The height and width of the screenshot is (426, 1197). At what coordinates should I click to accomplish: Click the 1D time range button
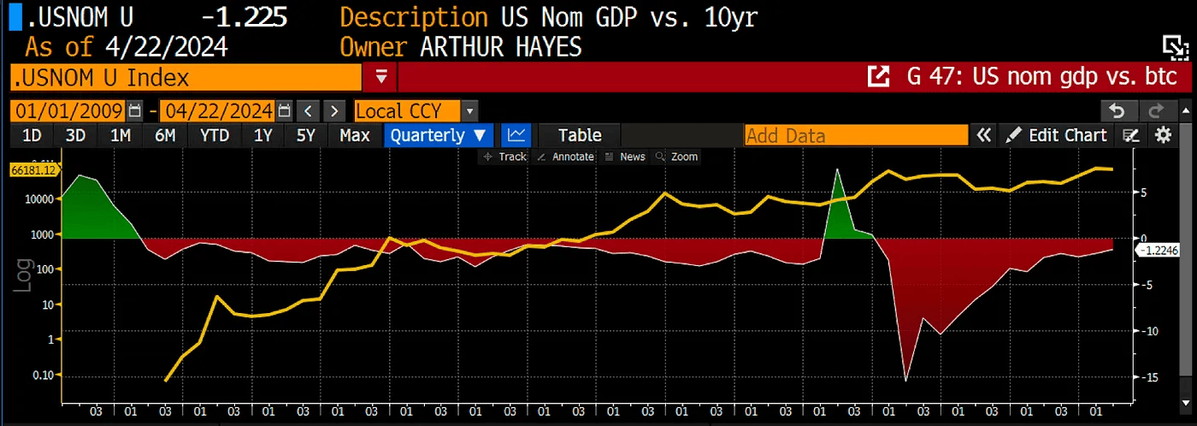tap(32, 135)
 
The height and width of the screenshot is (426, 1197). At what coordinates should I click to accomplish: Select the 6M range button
tap(165, 135)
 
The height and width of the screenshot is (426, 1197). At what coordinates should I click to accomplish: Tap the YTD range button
tap(214, 135)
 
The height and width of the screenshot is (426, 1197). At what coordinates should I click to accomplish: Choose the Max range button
tap(354, 135)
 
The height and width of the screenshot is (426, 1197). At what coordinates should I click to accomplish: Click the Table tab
tap(580, 135)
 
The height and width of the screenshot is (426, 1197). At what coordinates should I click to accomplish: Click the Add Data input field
tap(855, 135)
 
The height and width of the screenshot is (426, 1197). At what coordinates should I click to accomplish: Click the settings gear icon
tap(1163, 135)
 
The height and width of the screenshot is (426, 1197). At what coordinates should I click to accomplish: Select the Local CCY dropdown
tap(415, 110)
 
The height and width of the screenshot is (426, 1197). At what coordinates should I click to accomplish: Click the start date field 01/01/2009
tap(68, 110)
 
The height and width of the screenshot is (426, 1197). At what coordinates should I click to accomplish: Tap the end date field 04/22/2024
tap(217, 110)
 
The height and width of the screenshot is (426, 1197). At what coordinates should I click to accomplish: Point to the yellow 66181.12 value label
tap(33, 170)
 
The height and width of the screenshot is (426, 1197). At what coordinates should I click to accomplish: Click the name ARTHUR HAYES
tap(501, 46)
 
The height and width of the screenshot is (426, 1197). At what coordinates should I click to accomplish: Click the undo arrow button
tap(1117, 110)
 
